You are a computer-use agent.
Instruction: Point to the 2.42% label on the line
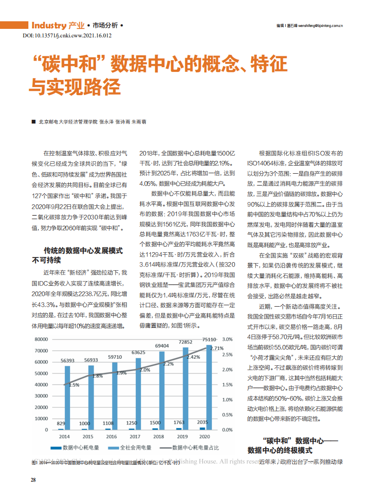tap(193, 357)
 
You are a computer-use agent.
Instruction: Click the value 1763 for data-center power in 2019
tap(178, 422)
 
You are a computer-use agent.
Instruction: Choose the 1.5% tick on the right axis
tap(227, 384)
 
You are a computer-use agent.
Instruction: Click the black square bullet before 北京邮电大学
tap(33, 122)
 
